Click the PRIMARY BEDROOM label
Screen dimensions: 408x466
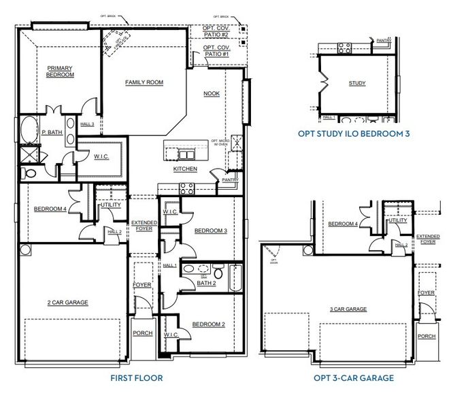[x=60, y=71]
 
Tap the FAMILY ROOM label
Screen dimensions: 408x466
[x=144, y=82]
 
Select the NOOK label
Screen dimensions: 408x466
[x=211, y=93]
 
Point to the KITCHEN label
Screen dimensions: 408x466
[x=185, y=169]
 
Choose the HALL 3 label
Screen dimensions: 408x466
[x=87, y=124]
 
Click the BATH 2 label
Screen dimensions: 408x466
[x=206, y=283]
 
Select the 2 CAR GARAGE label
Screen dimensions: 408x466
[x=68, y=303]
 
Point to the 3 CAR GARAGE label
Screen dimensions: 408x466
[x=348, y=309]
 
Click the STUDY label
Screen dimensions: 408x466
[x=357, y=84]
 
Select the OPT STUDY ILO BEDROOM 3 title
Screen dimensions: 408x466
[x=354, y=134]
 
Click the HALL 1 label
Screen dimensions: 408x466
[x=169, y=265]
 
